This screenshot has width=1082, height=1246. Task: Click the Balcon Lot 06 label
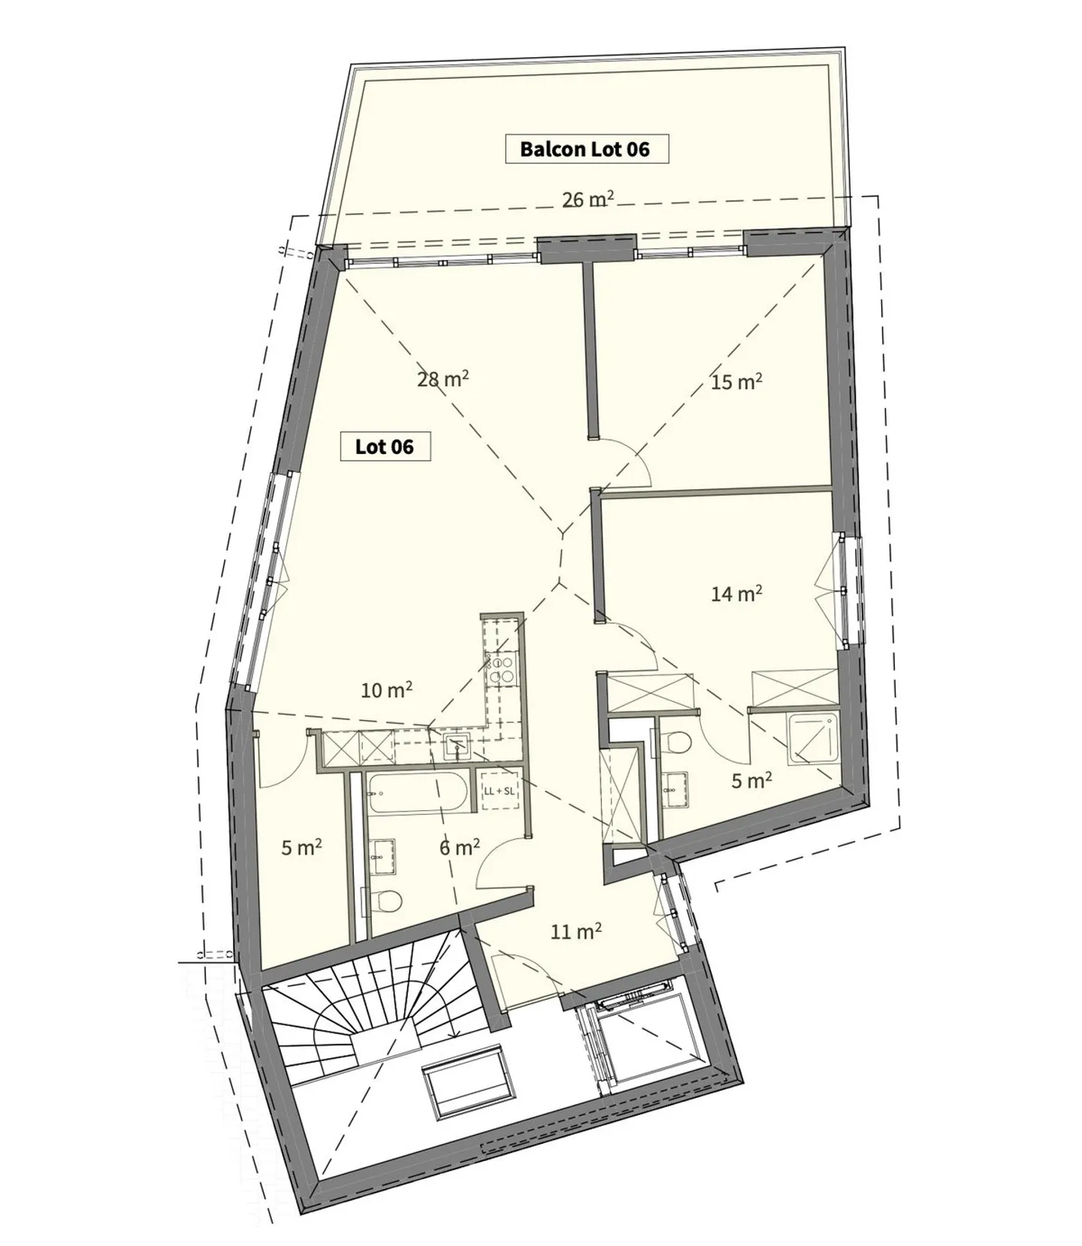point(585,149)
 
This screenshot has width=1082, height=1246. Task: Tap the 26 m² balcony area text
point(588,200)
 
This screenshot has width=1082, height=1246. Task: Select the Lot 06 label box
point(385,447)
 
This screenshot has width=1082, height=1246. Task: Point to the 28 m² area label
point(443,380)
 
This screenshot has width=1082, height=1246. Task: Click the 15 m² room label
point(736,383)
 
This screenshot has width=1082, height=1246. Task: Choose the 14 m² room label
point(736,594)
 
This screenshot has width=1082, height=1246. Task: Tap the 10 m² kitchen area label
point(386,690)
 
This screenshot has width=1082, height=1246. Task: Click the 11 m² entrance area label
point(576,933)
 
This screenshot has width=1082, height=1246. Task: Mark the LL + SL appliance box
point(499,791)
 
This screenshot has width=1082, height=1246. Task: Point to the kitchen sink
point(457,746)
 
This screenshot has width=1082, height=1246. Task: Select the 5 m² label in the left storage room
point(301,848)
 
